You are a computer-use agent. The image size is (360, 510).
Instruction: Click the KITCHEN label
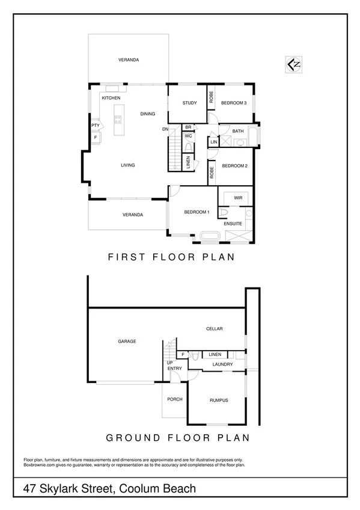111,97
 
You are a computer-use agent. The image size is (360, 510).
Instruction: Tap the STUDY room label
189,103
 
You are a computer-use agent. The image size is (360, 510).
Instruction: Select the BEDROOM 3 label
234,103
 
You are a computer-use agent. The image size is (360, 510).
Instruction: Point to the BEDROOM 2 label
234,165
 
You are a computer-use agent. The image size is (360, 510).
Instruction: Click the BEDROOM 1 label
197,212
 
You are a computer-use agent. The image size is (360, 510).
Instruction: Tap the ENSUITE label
233,224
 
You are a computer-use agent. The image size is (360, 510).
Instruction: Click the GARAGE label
127,341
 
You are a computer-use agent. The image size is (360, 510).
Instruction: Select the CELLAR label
215,329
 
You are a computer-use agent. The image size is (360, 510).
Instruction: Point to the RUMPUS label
218,400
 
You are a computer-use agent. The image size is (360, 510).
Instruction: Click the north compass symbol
294,64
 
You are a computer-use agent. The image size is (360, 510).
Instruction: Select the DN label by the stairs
165,129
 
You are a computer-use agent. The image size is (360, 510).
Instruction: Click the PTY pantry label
95,125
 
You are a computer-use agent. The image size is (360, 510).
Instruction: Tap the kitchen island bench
118,114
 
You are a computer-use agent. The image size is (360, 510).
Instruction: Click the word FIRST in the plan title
126,257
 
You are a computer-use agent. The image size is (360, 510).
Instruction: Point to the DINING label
147,114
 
